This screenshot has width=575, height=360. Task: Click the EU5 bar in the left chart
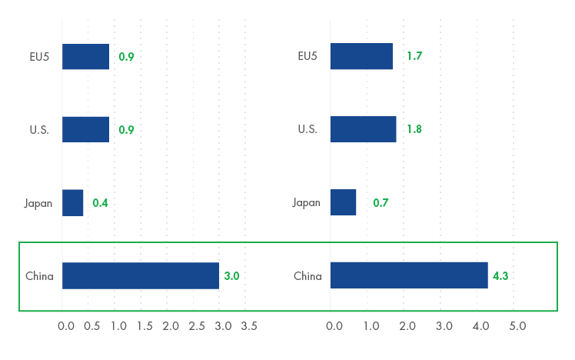click(85, 56)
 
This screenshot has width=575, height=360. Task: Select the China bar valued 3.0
click(141, 275)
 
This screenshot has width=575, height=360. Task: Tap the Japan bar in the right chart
click(343, 202)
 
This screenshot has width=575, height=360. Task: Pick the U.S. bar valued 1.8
click(363, 129)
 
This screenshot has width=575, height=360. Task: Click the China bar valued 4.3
click(409, 275)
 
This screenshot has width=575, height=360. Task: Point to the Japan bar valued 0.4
click(72, 202)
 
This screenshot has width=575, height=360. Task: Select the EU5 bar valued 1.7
click(361, 56)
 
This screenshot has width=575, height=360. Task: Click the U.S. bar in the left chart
click(85, 129)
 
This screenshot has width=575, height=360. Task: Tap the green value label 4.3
click(501, 276)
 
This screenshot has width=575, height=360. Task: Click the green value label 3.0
click(232, 276)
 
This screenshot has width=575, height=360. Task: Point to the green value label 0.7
click(381, 203)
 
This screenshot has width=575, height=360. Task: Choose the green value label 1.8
click(414, 129)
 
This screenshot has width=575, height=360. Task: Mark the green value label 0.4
click(100, 203)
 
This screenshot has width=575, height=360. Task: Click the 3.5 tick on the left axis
click(248, 326)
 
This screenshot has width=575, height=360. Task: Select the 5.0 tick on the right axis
click(517, 326)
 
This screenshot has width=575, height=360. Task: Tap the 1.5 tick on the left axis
click(145, 326)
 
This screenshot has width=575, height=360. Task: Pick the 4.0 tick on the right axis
click(480, 326)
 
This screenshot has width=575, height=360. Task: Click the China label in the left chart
click(40, 276)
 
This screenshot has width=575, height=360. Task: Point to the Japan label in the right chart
click(306, 203)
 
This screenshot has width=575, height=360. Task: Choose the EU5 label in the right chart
click(307, 56)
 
